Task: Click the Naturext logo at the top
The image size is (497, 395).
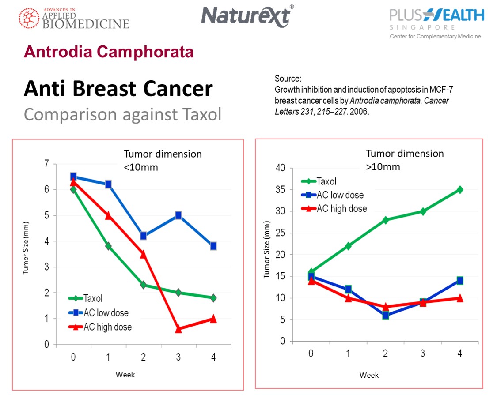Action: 247,16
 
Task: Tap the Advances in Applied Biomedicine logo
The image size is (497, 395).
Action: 74,18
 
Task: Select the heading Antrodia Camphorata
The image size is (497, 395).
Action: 109,52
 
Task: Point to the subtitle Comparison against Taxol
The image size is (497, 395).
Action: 122,114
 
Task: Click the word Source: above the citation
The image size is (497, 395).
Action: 288,79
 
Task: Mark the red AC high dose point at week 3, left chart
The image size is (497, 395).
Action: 178,329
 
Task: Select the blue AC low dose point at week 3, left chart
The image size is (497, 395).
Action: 178,215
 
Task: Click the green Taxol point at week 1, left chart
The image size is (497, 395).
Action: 108,246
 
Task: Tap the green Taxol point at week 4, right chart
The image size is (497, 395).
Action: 460,190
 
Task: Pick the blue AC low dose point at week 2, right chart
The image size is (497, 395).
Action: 386,315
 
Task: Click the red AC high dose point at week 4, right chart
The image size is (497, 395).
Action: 460,298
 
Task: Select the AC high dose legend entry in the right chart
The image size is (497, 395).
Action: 334,209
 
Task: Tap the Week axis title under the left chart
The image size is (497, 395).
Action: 125,375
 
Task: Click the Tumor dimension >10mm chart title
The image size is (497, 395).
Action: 404,160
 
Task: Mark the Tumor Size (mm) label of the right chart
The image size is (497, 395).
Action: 266,255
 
